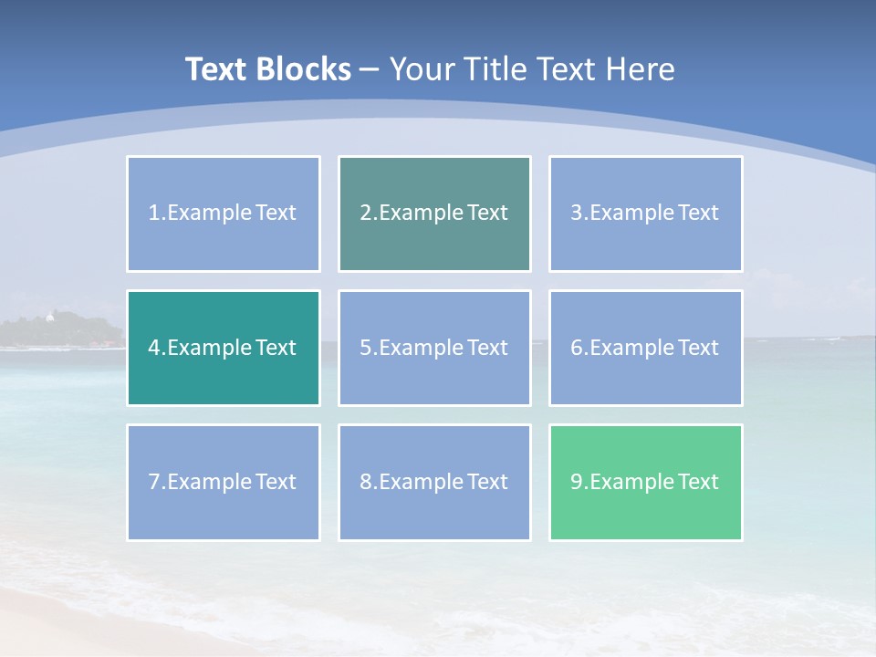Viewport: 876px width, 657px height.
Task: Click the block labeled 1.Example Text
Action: [x=224, y=214]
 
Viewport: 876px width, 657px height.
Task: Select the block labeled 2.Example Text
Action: [x=434, y=214]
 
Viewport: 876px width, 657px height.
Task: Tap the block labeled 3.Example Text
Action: [x=645, y=214]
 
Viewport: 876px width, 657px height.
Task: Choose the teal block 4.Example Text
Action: [x=224, y=348]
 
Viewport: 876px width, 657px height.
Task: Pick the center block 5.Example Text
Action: [x=434, y=348]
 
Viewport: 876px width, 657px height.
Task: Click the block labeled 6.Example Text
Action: [x=645, y=348]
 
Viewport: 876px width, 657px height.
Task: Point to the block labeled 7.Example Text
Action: [x=224, y=482]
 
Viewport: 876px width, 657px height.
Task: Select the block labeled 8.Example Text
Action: [x=434, y=482]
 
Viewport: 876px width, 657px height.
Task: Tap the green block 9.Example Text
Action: [x=645, y=482]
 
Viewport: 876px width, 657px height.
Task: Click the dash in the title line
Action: [x=370, y=69]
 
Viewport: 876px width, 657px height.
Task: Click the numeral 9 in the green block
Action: [x=577, y=482]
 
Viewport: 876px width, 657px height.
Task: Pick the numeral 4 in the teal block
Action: [x=154, y=348]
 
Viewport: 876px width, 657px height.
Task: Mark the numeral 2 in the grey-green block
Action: [x=366, y=214]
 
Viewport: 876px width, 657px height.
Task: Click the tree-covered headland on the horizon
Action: [x=64, y=330]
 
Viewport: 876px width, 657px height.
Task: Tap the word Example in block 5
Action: [x=421, y=348]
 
